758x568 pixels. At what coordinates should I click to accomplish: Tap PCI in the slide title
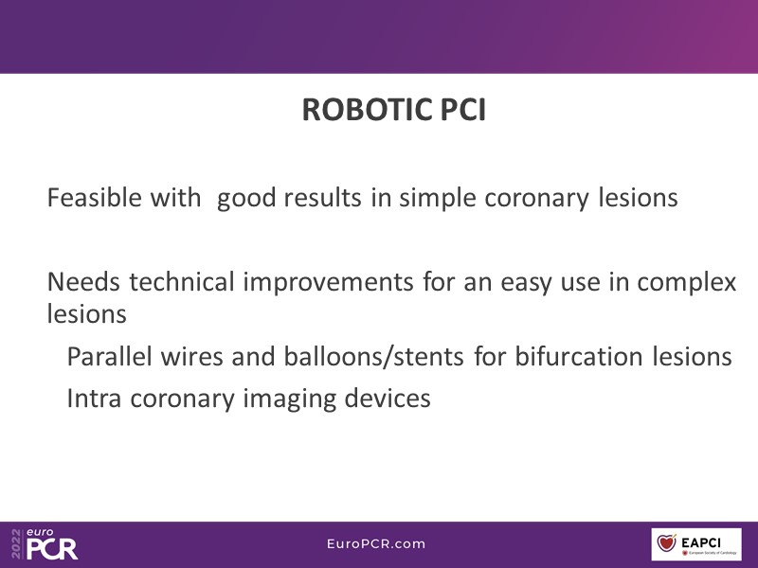pos(462,110)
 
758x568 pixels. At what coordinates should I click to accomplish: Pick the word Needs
pos(83,281)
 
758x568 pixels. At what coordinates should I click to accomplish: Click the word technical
pos(182,281)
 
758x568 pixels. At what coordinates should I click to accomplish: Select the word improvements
pos(328,282)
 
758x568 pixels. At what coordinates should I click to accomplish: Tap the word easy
pos(526,283)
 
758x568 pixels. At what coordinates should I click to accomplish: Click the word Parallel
pos(109,357)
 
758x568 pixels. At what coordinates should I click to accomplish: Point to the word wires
pos(192,357)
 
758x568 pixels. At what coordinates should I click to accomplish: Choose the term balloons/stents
pos(373,357)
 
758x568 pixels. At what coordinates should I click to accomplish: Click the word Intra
pos(94,399)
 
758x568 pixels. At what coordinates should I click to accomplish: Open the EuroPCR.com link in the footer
pos(376,543)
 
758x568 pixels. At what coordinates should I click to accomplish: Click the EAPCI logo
pos(696,544)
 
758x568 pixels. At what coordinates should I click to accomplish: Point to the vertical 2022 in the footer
pos(17,544)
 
